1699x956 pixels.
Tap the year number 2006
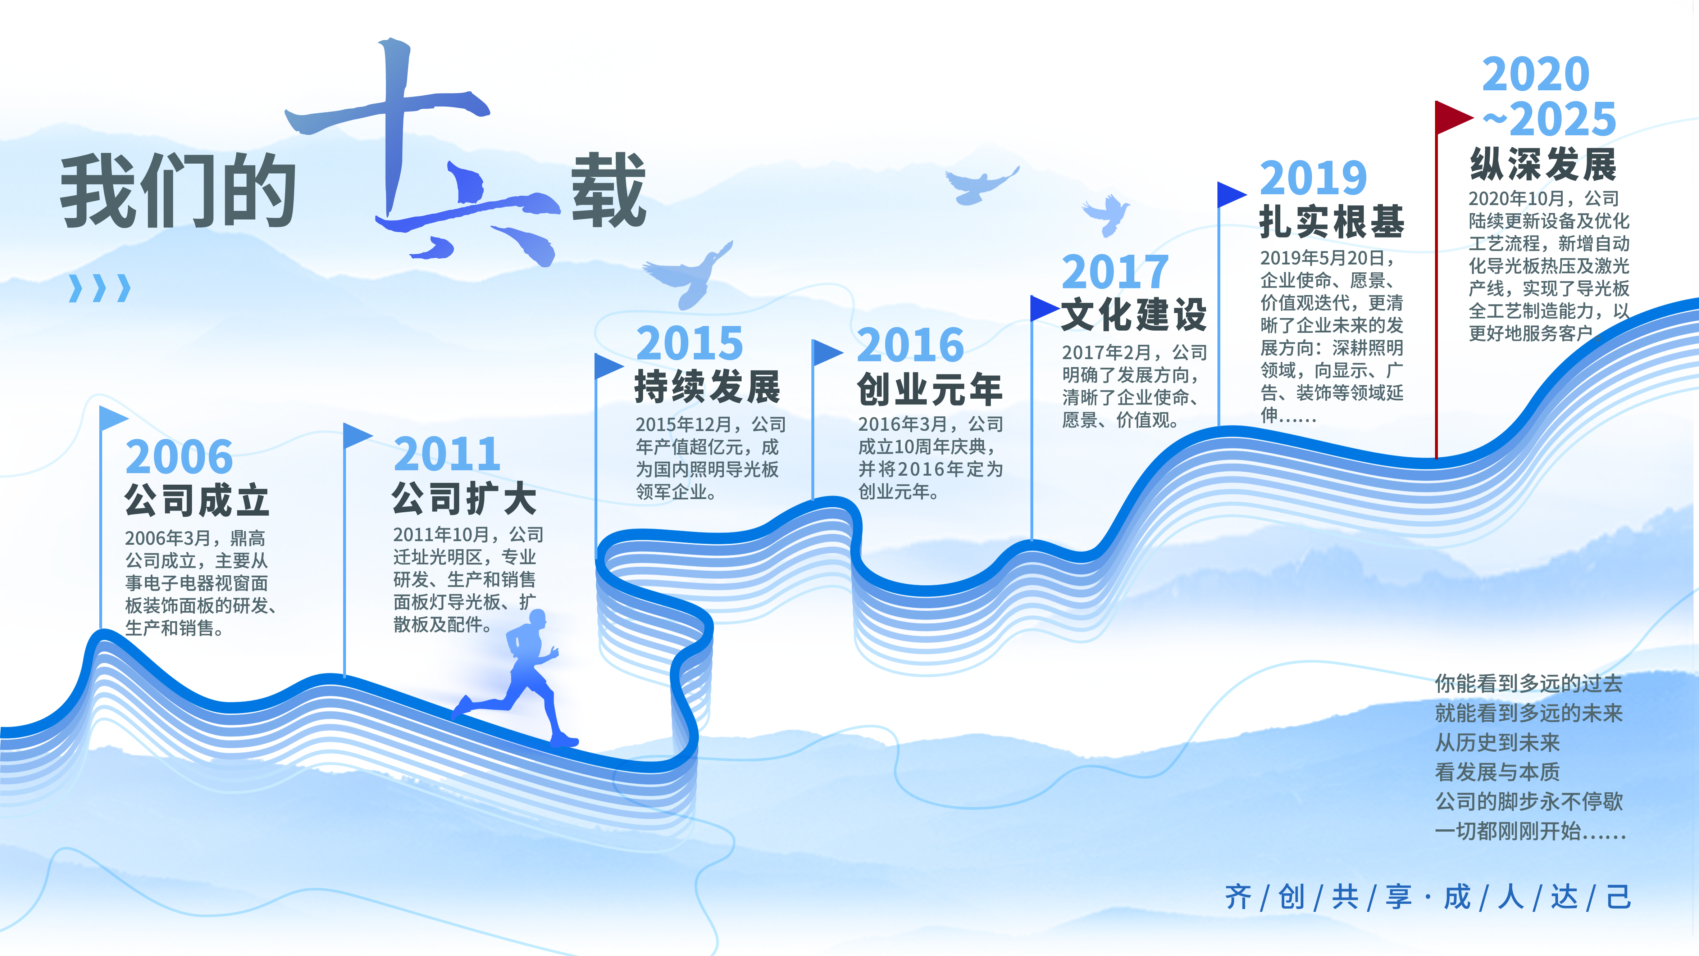click(x=179, y=457)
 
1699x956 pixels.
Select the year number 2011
click(x=447, y=454)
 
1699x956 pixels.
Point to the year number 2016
click(x=910, y=345)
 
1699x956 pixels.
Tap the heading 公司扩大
click(x=464, y=498)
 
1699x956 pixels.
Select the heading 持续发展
click(x=707, y=387)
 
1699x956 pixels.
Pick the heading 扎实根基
click(x=1332, y=221)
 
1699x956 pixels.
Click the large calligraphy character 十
click(x=389, y=125)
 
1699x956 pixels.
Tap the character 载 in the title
click(x=608, y=190)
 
